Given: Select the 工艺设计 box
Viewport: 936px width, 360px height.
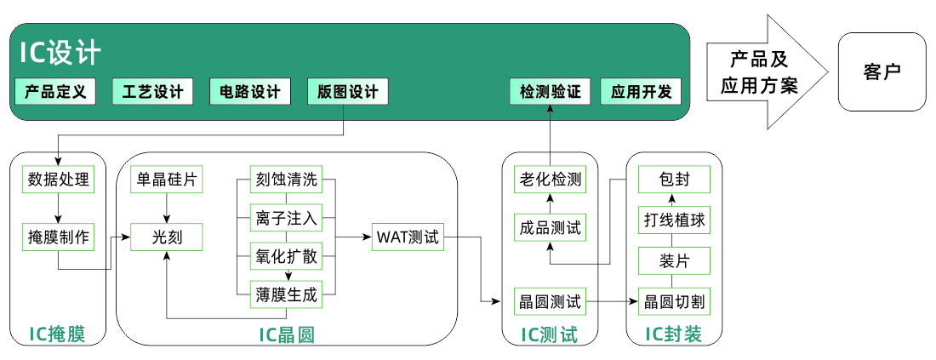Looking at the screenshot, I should point(153,92).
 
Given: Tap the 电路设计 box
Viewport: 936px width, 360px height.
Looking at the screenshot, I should point(250,92).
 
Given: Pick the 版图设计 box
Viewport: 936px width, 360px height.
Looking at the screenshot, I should point(347,92).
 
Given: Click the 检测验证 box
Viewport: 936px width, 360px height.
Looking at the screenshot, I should point(550,92).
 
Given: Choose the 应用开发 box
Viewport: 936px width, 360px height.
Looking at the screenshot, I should point(641,92).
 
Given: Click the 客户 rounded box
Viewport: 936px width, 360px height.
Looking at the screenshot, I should point(882,71).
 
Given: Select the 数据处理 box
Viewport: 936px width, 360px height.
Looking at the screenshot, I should point(59,180).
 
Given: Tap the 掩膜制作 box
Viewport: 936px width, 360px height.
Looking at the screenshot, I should point(59,237).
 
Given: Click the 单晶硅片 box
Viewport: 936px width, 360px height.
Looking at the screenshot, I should point(168,180).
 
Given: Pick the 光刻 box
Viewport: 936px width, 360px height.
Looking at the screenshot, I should point(168,237).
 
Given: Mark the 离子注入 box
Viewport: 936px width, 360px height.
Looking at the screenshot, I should point(287,218).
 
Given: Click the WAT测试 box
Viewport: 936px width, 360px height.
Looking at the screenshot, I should point(408,237).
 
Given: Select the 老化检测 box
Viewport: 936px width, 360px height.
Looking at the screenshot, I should point(550,180).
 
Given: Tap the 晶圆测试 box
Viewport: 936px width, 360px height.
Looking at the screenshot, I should point(550,300).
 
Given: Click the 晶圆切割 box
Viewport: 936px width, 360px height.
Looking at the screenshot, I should point(674,300).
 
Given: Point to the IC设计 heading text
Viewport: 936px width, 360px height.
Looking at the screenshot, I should point(60,53).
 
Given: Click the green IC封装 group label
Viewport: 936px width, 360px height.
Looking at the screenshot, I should point(674,334).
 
